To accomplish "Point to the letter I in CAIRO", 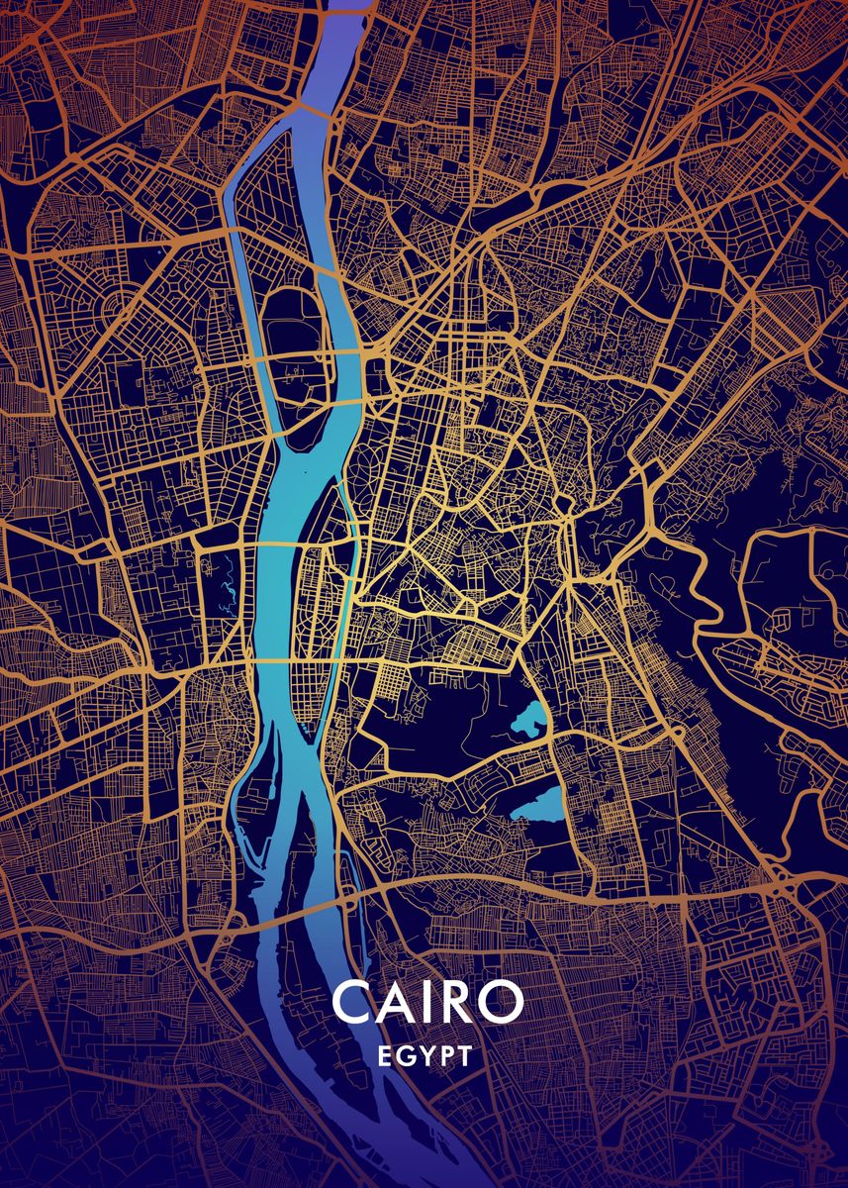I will pos(427,1003).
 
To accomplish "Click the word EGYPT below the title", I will pos(425,1056).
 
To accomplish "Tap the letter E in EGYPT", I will pos(385,1056).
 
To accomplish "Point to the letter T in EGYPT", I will pos(464,1056).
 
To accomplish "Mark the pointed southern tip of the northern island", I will pos(273,445).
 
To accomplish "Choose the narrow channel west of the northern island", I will pos(235,247).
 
